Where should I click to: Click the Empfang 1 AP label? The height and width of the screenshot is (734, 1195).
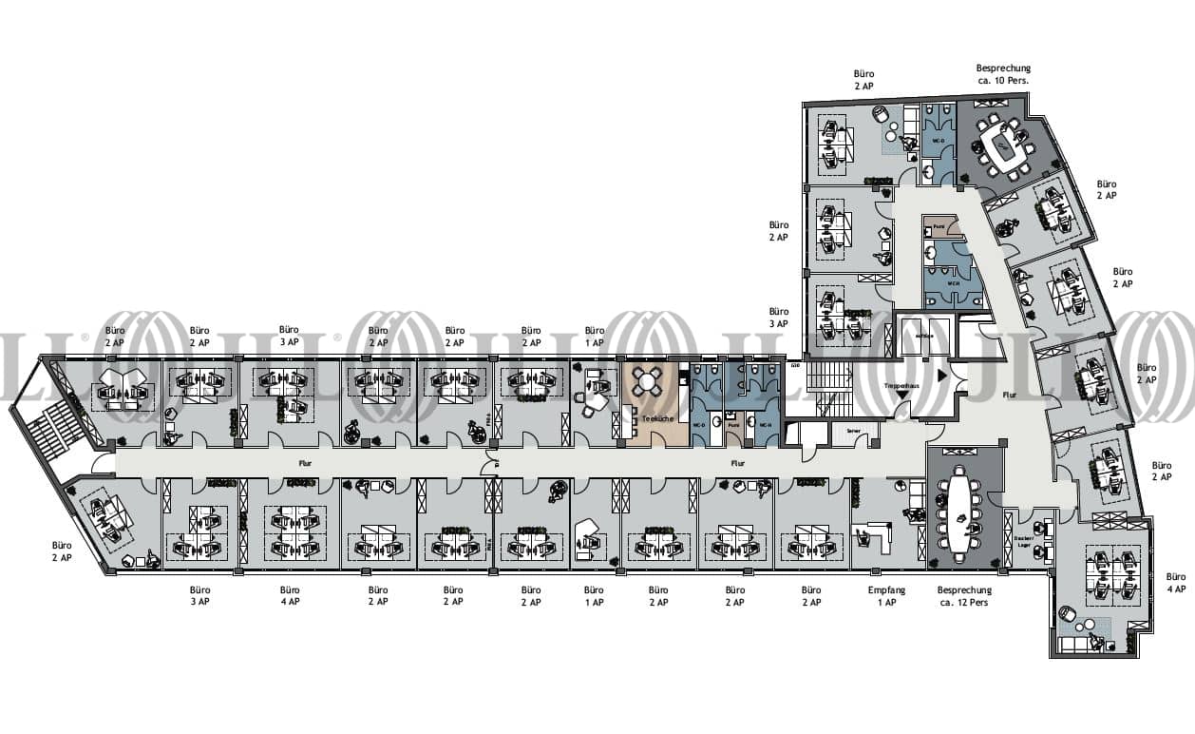tap(886, 596)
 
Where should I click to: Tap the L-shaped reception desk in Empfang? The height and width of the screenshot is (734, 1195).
tap(876, 536)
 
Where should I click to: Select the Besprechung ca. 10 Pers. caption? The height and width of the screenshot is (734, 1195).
tap(1003, 75)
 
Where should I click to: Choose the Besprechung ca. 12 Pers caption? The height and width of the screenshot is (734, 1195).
tap(964, 596)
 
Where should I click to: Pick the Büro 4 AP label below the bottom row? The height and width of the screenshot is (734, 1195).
tap(290, 596)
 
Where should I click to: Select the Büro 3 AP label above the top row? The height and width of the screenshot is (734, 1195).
tap(289, 336)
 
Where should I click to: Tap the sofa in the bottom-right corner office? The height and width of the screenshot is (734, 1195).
tap(1079, 644)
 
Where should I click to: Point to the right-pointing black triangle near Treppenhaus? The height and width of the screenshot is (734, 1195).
tap(942, 376)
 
